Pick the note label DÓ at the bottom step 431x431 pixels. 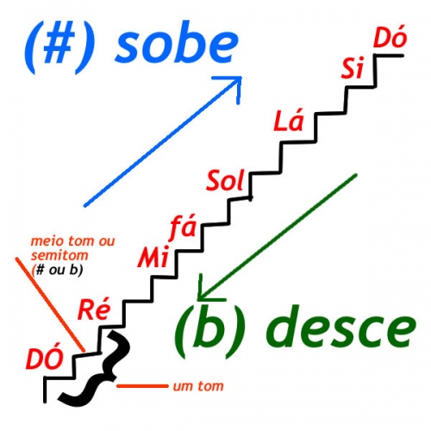pos(44,359)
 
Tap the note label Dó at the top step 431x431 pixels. pos(390,38)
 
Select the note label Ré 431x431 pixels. pos(94,309)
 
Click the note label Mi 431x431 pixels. pos(153,257)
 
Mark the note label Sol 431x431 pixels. pos(225,180)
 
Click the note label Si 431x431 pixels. pos(353,68)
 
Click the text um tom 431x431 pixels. pos(198,386)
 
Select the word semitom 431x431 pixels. pos(59,255)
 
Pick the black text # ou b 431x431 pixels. pos(58,270)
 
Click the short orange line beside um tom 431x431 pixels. pos(142,386)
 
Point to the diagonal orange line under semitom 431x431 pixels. pos(50,304)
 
